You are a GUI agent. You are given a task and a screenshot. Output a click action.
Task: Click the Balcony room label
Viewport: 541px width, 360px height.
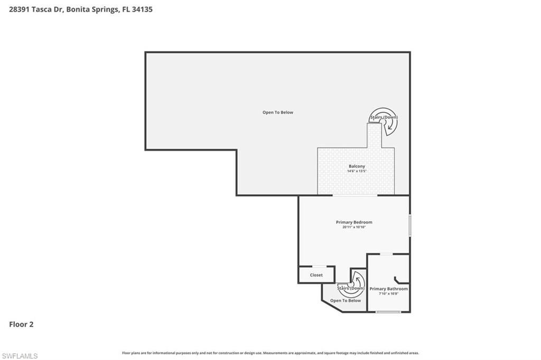point(357,166)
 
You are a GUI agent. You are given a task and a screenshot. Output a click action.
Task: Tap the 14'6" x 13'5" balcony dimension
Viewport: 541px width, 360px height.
point(357,171)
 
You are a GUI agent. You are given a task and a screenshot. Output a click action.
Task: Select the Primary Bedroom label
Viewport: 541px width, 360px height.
point(354,222)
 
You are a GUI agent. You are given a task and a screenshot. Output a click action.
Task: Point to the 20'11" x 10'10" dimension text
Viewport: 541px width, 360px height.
point(354,227)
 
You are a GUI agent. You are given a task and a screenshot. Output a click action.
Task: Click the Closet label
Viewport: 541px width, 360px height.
point(316,275)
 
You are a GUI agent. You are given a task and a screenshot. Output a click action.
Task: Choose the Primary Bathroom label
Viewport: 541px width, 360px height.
point(388,289)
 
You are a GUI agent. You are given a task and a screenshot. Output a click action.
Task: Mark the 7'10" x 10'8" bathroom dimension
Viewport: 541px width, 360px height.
point(388,293)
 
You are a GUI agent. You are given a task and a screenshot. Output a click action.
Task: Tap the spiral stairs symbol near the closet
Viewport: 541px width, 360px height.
point(353,283)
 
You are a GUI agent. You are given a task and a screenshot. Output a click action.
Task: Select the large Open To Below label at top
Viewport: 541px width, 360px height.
point(278,112)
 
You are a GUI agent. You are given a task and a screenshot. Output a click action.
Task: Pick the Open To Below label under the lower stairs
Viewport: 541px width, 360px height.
point(346,300)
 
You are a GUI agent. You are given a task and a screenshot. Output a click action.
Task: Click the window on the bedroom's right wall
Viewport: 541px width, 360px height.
point(410,225)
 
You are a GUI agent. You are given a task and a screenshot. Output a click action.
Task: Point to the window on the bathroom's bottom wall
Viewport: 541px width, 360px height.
point(388,312)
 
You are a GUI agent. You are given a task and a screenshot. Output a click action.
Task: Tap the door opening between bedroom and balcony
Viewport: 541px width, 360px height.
point(355,195)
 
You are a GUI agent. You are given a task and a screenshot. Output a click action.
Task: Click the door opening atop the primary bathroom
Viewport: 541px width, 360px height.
point(387,254)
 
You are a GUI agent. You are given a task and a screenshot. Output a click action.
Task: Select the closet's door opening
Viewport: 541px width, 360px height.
point(320,266)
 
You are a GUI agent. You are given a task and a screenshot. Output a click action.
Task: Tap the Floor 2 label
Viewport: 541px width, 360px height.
point(21,325)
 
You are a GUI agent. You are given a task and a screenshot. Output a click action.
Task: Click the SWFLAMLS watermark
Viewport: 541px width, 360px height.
point(20,356)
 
